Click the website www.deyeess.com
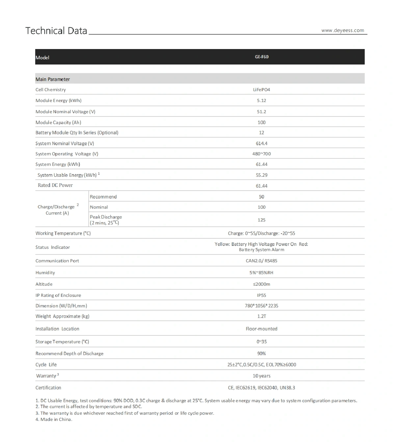coord(343,31)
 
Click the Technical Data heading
coord(56,31)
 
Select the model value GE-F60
coord(262,57)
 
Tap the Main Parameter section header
coord(53,79)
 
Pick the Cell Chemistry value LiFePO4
coord(261,90)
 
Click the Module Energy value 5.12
coord(261,101)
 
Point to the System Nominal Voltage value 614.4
coord(261,143)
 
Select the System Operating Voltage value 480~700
coord(261,154)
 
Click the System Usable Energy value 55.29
coord(261,175)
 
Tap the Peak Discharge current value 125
coord(261,220)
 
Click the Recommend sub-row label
coord(103,197)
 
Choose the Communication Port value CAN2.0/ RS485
coord(261,261)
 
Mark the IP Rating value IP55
coord(261,296)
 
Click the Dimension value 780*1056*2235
coord(261,306)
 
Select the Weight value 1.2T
coord(261,317)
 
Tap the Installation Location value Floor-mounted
coord(261,329)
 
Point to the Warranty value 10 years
coord(261,376)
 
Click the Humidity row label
coord(45,273)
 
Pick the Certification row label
coord(48,388)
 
